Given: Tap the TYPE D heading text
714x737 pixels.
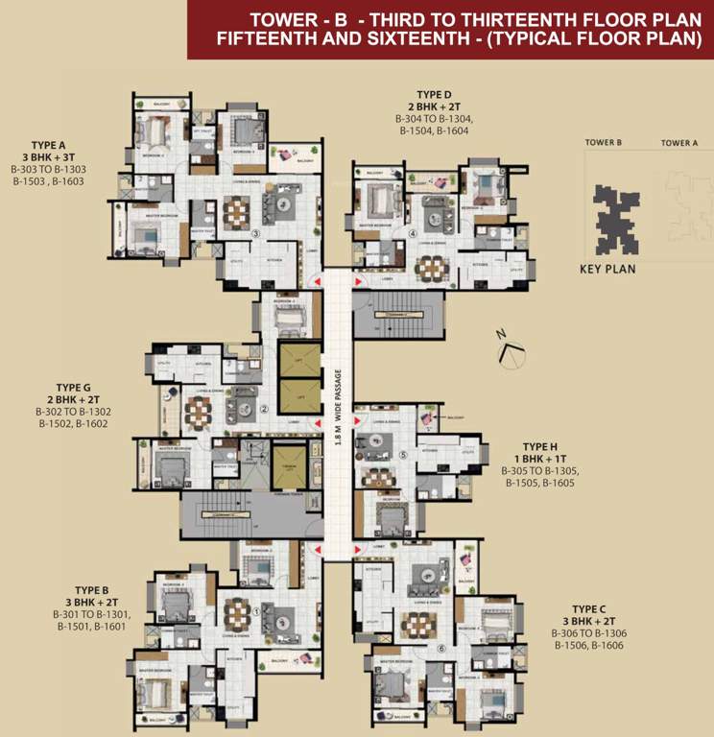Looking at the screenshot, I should tap(432, 96).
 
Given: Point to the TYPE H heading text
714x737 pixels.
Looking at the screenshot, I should tap(539, 447).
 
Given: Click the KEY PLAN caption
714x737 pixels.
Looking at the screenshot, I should tap(607, 270).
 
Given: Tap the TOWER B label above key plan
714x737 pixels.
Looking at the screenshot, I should tap(604, 143).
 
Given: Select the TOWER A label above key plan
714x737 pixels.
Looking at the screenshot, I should tap(678, 143).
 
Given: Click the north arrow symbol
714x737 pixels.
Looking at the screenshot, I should tap(511, 351).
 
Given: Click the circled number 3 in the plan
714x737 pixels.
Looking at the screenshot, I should tap(255, 233).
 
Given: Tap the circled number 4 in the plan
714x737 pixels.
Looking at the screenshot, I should tap(413, 233).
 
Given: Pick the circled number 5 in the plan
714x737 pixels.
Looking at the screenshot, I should tap(403, 456).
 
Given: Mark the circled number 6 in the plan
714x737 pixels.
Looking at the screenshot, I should tap(440, 648).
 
